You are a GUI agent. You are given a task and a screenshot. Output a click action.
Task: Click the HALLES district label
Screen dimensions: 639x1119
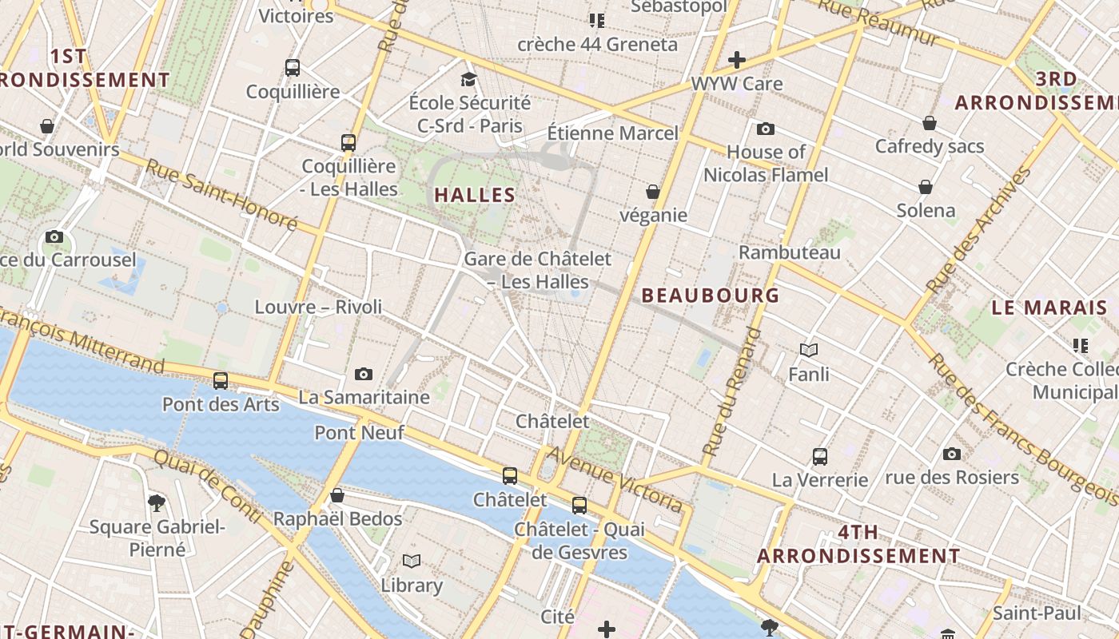(474, 195)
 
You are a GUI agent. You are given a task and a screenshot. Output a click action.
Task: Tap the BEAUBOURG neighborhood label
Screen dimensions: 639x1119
(711, 296)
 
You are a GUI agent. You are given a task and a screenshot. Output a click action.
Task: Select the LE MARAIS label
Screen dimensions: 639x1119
(1049, 308)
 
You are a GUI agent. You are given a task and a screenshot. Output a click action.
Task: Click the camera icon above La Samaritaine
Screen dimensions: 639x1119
(364, 374)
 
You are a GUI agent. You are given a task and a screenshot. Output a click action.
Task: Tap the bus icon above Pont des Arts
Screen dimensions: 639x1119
(221, 381)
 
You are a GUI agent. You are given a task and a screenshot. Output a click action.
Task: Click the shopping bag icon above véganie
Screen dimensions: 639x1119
(653, 192)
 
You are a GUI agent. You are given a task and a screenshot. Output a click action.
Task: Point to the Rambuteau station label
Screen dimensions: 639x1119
(789, 253)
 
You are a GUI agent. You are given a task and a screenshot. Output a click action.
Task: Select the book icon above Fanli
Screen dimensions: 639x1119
(809, 350)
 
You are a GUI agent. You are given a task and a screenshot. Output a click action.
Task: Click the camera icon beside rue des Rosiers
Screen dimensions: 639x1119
(951, 454)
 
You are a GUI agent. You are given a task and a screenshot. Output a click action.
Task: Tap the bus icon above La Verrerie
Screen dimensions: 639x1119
(820, 457)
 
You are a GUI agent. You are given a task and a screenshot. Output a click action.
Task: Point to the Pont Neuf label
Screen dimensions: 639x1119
(359, 433)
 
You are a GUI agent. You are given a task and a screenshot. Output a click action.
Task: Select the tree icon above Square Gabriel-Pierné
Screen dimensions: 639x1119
(157, 502)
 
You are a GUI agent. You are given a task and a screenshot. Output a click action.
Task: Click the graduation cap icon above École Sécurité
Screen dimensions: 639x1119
(469, 79)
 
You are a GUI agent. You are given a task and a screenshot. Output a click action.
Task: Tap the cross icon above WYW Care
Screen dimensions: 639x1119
(737, 60)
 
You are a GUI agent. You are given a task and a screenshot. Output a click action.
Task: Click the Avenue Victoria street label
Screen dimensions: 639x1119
(615, 480)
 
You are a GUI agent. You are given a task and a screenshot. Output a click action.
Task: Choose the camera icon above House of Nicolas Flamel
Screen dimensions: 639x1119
(766, 129)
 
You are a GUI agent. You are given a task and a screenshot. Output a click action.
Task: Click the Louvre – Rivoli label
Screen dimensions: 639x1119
(318, 307)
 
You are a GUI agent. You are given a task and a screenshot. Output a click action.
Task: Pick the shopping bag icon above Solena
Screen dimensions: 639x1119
(926, 187)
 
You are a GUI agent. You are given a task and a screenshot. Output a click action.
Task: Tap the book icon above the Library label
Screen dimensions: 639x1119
(412, 562)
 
